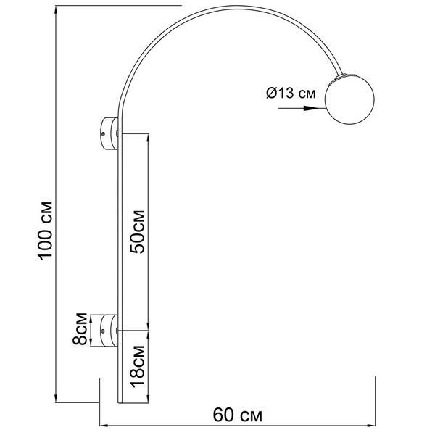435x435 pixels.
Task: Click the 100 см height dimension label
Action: (44, 231)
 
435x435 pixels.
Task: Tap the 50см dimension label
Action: (138, 232)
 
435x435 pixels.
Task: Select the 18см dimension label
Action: (138, 366)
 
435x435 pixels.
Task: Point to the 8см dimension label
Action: (80, 329)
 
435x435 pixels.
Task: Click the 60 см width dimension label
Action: (238, 415)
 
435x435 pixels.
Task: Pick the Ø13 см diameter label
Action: (291, 93)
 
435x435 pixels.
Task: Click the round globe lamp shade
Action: (349, 99)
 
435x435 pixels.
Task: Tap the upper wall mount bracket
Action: (109, 133)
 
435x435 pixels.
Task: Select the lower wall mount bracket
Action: (109, 331)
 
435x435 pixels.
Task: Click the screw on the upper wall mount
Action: (103, 134)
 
